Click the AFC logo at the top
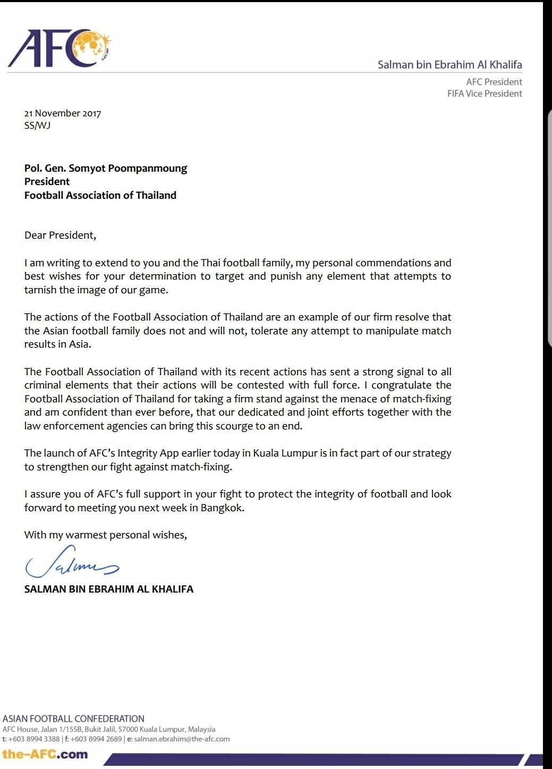coord(60,48)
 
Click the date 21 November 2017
coord(63,113)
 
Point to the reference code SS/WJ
coord(37,126)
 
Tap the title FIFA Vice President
coord(485,94)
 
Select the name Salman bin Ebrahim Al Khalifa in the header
coord(449,65)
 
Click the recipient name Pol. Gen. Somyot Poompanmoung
coord(106,168)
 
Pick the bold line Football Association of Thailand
coord(100,195)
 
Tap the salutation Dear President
coord(60,235)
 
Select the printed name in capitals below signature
coord(109,589)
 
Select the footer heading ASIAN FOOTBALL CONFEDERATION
coord(73,719)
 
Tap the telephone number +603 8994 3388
coord(34,739)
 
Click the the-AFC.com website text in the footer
coord(45,754)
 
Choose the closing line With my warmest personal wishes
coord(106,535)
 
